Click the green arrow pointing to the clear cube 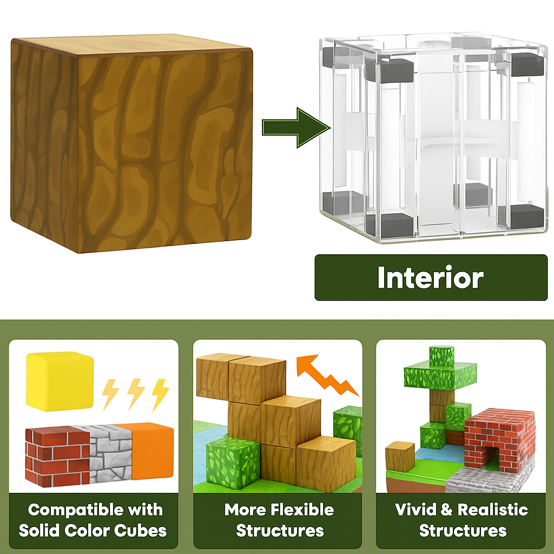coord(295,127)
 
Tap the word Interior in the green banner coord(430,278)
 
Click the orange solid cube coord(152,450)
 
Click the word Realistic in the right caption coord(492,510)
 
